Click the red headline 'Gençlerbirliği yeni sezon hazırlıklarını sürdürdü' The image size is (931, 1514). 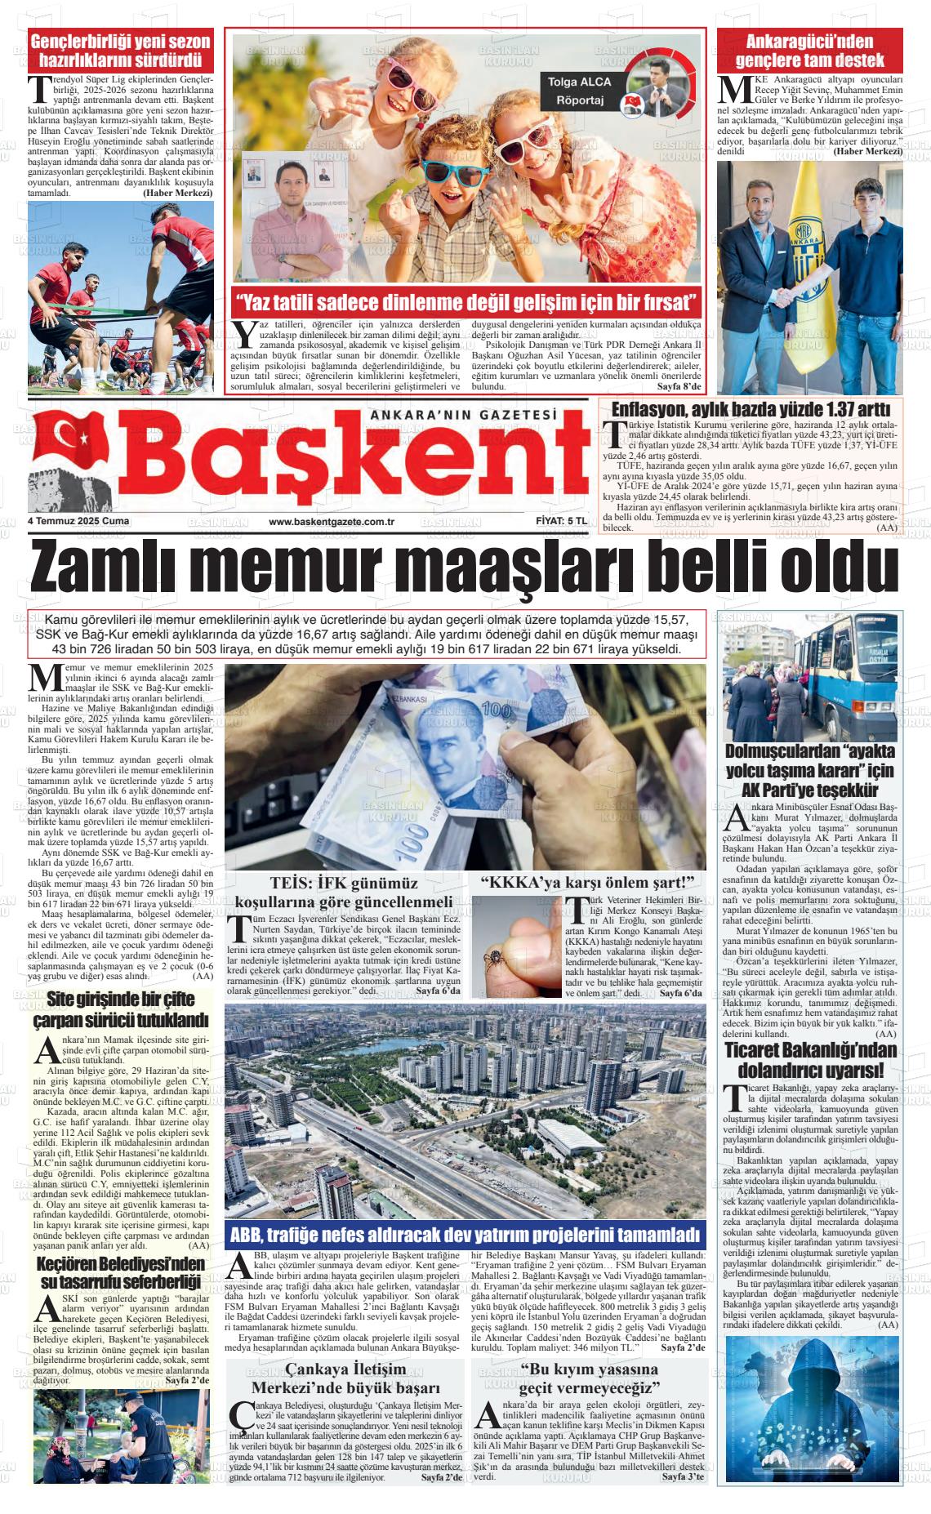point(121,51)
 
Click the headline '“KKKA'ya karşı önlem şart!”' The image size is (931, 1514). point(587,883)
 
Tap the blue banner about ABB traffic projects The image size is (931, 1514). point(465,1234)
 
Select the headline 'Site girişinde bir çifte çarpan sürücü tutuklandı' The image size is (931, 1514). point(121,1009)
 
